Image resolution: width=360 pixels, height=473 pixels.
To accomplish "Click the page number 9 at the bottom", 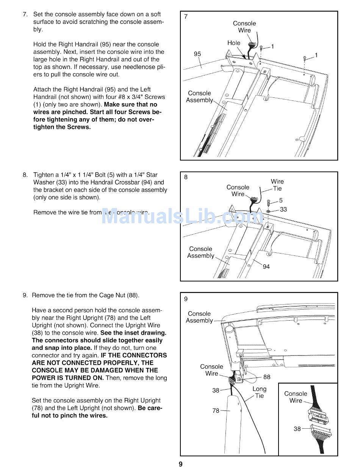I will point(181,464).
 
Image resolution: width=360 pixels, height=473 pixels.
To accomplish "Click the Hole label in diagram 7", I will point(234,43).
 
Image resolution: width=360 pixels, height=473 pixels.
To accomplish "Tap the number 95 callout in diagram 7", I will point(197,54).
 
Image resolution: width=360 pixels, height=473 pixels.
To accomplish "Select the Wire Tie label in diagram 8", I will point(277,185).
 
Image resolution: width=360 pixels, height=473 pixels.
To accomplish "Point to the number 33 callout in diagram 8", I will point(283,209).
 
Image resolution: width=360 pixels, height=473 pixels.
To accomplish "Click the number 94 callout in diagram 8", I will point(266,267).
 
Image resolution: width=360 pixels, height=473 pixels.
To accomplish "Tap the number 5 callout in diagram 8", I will point(281,200).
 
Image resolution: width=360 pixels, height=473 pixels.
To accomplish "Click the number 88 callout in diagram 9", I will point(267,377).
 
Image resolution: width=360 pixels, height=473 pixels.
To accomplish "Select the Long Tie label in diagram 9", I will point(260,392).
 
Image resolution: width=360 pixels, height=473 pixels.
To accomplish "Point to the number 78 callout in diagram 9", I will point(216,410).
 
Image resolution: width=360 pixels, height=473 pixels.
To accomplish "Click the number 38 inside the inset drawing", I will point(297,429).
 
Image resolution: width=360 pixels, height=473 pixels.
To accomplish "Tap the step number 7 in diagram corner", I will point(186,16).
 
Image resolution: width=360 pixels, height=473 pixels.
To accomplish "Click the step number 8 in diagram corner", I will point(186,177).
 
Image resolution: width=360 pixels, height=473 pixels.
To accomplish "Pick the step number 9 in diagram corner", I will point(186,299).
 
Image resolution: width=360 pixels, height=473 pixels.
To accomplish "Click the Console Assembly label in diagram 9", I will point(199,317).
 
